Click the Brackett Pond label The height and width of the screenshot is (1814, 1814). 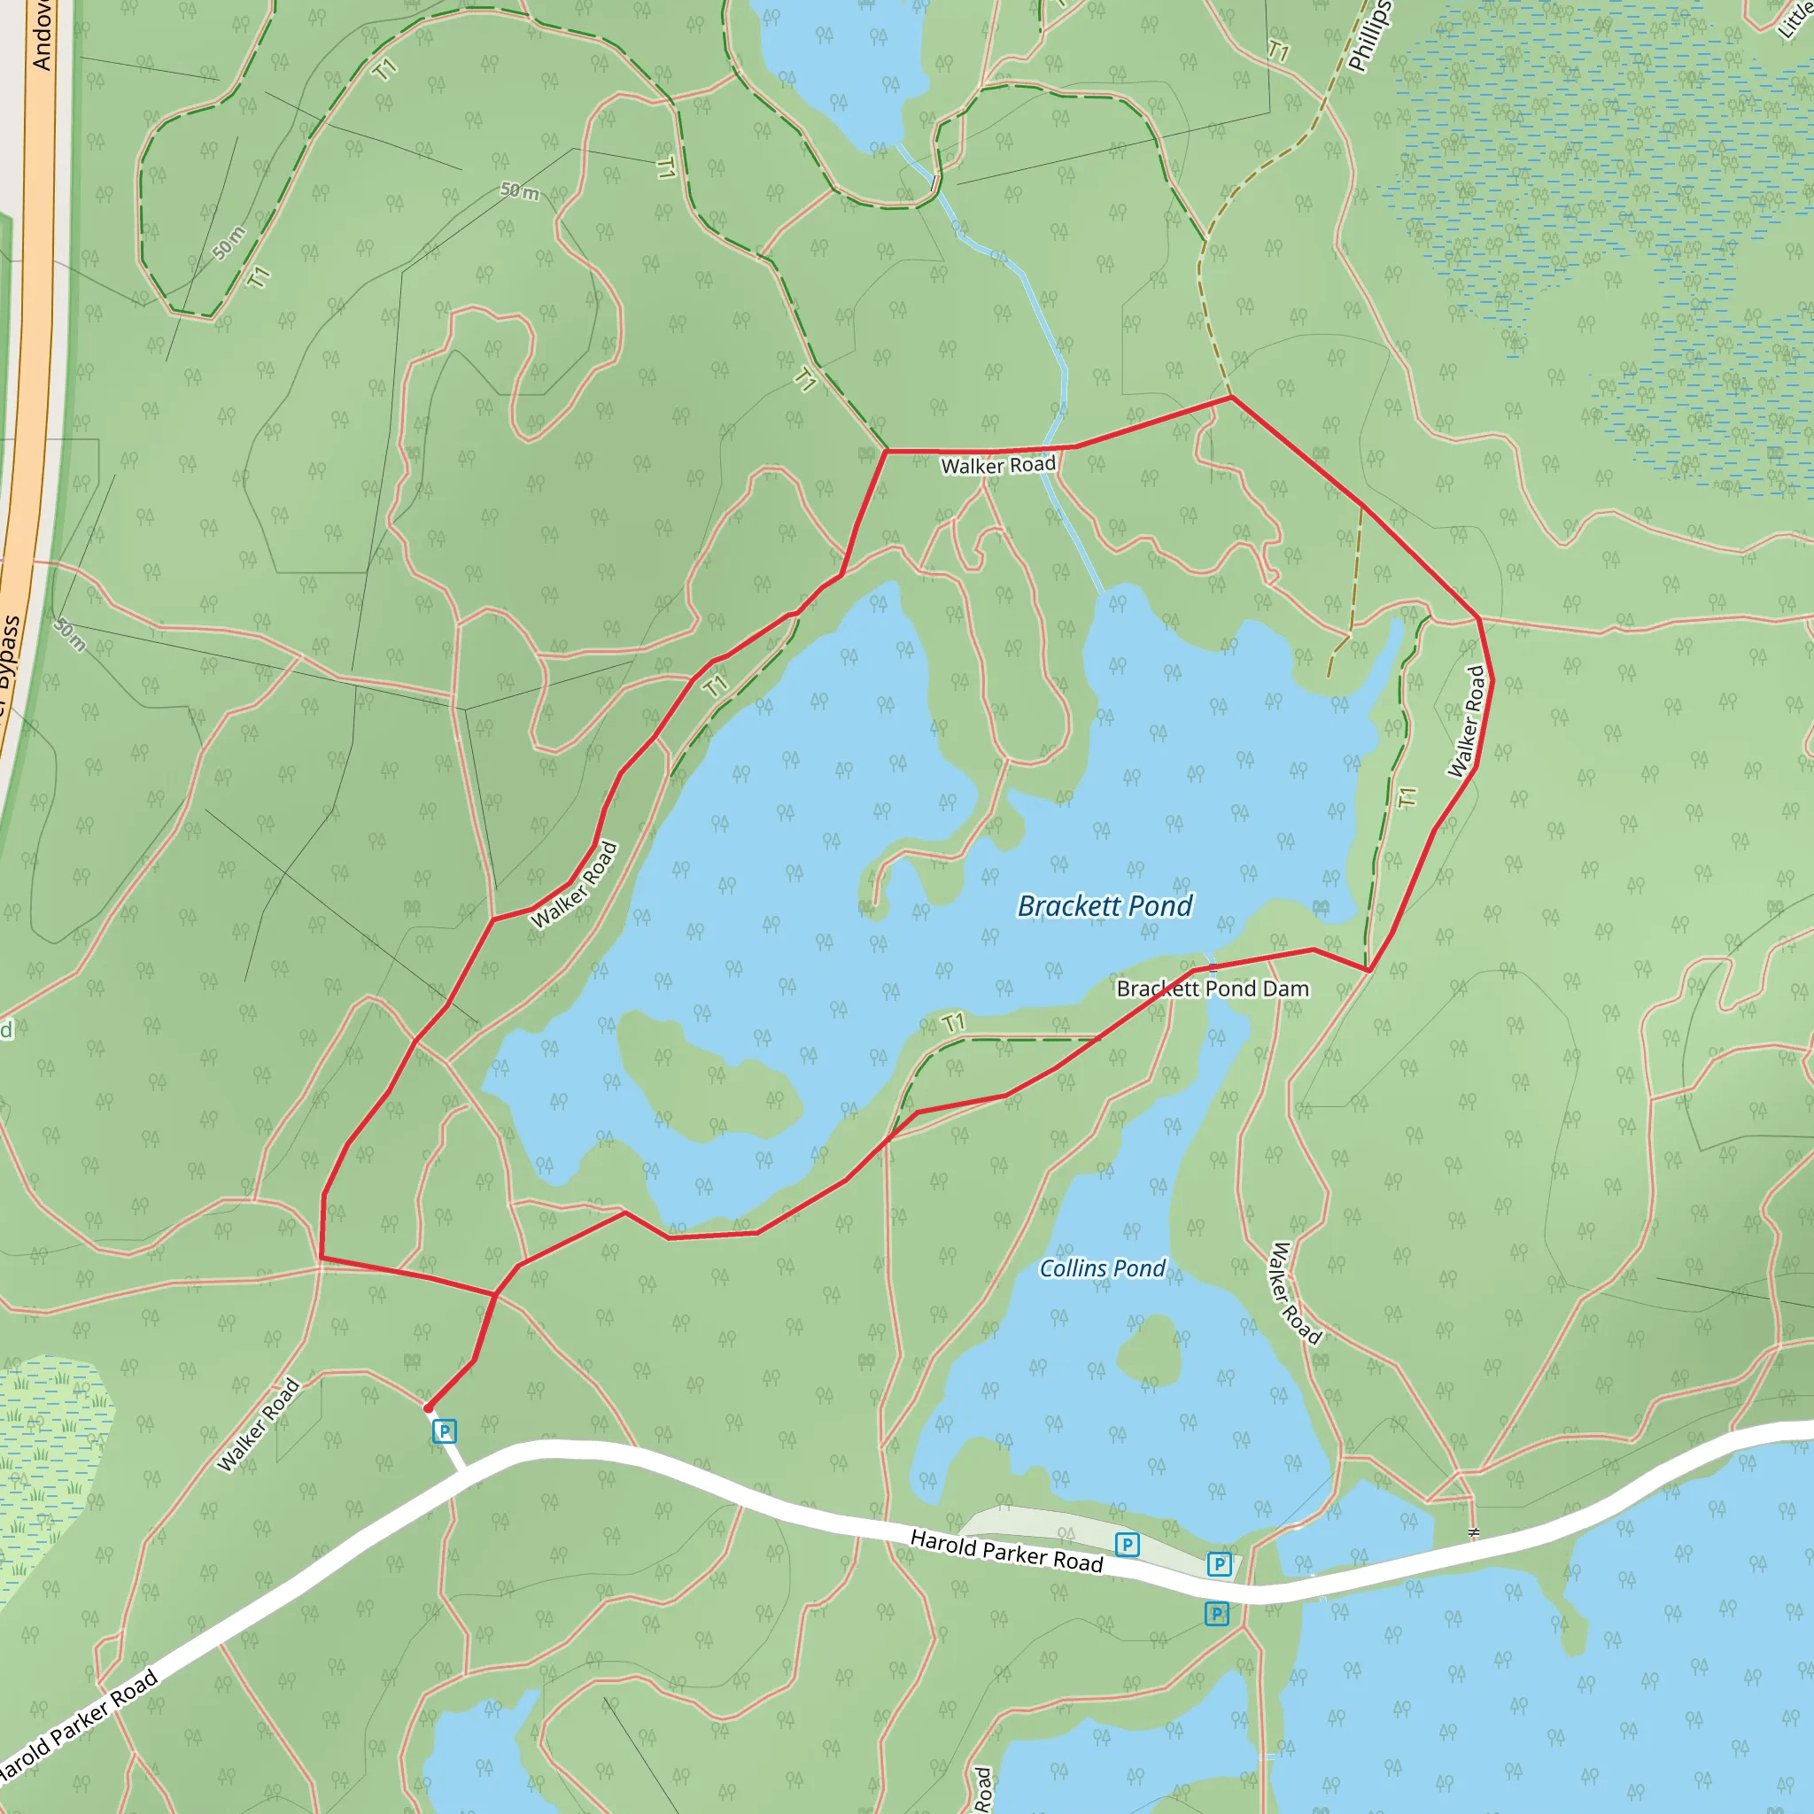click(1105, 906)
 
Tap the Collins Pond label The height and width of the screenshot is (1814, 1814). click(1102, 1268)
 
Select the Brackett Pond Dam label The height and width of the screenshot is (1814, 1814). click(1213, 988)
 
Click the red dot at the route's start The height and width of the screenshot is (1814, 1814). click(428, 1408)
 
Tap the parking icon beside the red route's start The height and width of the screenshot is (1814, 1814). click(444, 1432)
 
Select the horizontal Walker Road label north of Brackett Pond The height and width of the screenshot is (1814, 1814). click(998, 466)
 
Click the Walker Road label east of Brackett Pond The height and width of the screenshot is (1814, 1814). click(1466, 722)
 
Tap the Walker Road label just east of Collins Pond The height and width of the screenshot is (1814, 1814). click(1296, 1293)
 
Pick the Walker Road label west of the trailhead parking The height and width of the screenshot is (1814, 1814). click(259, 1424)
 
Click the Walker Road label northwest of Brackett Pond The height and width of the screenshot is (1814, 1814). click(574, 886)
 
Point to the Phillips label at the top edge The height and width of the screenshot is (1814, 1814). click(1370, 37)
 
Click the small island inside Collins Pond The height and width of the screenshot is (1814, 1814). click(1149, 1349)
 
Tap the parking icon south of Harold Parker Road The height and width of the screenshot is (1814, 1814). click(1217, 1614)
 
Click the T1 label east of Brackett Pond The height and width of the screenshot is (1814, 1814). click(1407, 797)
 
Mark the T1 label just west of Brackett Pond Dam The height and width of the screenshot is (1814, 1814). click(954, 1022)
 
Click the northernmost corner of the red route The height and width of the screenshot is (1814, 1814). click(1231, 397)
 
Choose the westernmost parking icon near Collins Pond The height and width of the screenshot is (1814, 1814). click(1127, 1545)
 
